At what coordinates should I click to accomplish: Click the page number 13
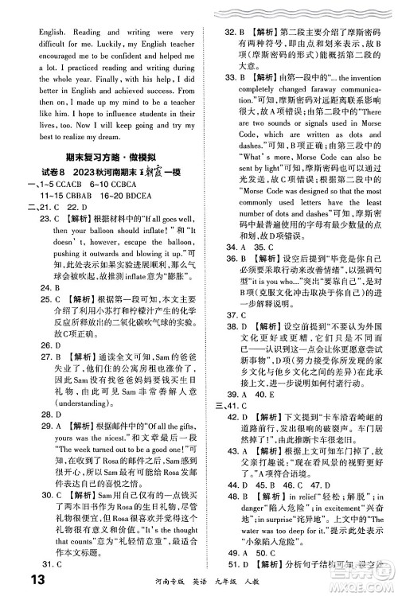pos(23,578)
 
